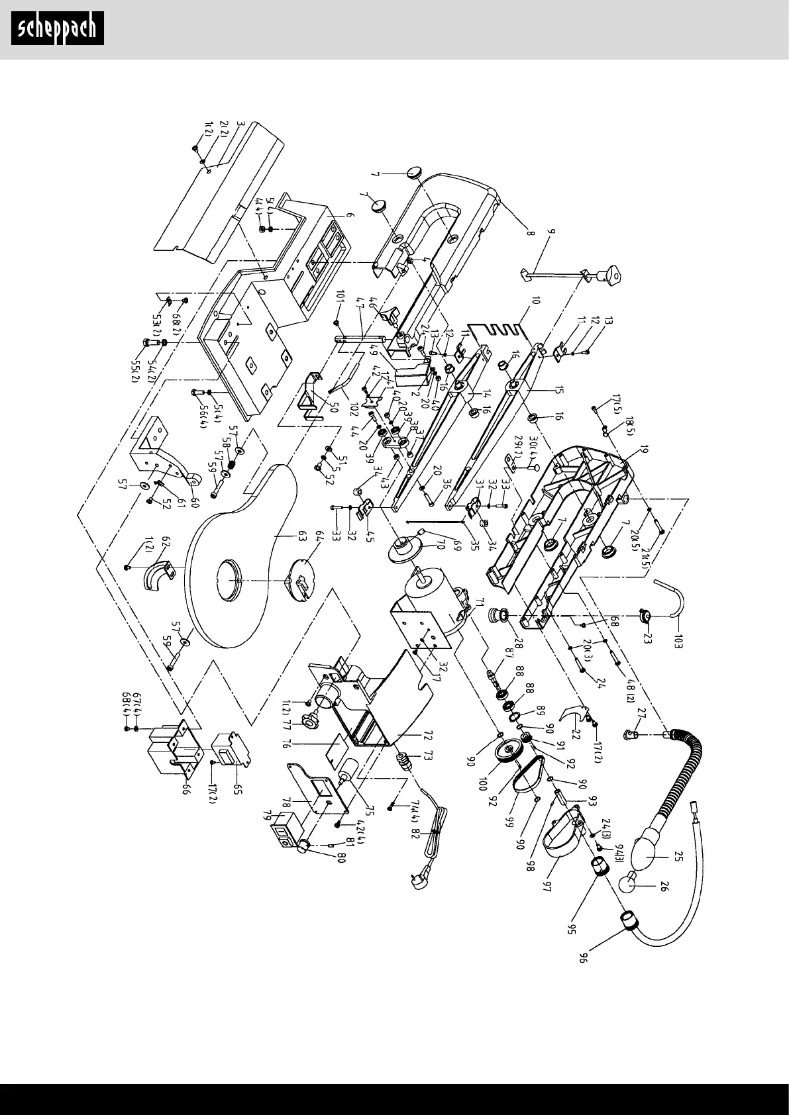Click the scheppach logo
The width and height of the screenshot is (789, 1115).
58,28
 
